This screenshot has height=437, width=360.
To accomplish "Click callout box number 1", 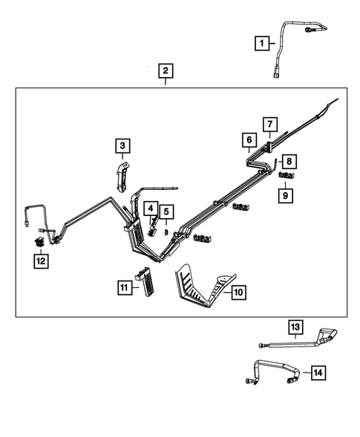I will [x=261, y=44].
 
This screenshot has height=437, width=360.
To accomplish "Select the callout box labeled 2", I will [x=165, y=71].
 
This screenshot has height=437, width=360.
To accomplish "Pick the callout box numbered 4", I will [x=151, y=210].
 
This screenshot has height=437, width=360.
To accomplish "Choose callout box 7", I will [x=269, y=124].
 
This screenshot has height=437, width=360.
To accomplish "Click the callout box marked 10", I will [x=237, y=293].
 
